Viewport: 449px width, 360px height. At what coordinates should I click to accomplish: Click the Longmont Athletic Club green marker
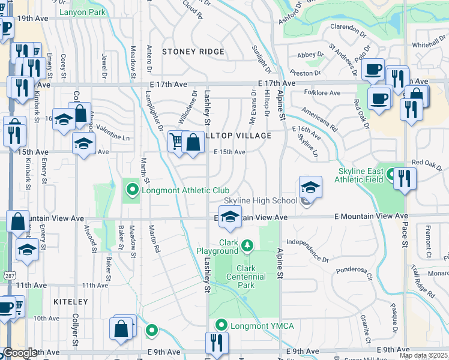coord(133,191)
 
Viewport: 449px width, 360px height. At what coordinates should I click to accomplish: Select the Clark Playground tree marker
coord(247,245)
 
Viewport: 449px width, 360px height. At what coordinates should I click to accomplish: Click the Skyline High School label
coord(261,200)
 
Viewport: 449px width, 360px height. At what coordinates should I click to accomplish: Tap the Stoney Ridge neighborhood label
coord(193,52)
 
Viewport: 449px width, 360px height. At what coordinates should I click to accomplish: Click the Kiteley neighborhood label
coord(70,302)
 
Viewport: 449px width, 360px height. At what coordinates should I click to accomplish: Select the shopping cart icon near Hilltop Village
coord(176,142)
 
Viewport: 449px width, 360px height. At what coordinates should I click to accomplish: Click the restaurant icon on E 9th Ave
coord(216,342)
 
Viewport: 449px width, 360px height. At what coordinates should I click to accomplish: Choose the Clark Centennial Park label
coord(246,277)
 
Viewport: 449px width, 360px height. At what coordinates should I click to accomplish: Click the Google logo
coord(19,353)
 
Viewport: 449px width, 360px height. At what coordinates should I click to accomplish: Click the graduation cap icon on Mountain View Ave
coord(229,217)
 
